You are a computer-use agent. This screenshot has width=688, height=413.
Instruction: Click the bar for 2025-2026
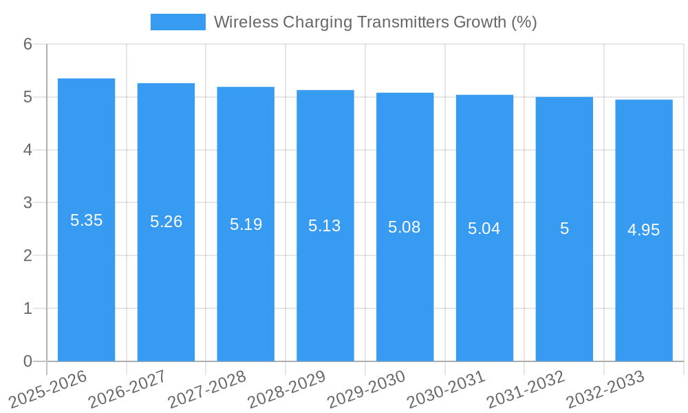[86, 220]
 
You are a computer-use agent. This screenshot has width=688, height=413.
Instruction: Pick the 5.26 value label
[166, 222]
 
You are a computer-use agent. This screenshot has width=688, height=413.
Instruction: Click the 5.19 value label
[246, 224]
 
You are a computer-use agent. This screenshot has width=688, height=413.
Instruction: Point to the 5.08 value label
[405, 227]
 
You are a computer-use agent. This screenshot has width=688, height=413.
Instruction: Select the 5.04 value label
[484, 229]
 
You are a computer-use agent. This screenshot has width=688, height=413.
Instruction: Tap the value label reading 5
[564, 229]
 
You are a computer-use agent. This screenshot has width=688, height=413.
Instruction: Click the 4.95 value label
[644, 230]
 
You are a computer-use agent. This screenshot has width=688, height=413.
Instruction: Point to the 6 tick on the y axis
[28, 44]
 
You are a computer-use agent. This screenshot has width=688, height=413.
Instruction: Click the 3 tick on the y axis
[28, 203]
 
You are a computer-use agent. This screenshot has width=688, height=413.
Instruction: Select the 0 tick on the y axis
[28, 361]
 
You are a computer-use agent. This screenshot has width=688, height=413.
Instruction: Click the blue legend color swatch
[178, 22]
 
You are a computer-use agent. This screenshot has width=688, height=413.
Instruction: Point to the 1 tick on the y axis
[28, 308]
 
